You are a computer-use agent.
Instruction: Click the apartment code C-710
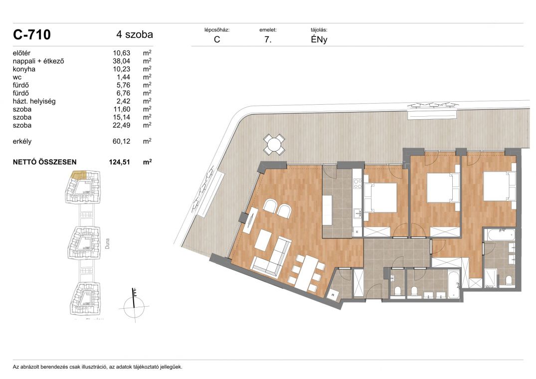[32, 34]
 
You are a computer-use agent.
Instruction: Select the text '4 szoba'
[135, 34]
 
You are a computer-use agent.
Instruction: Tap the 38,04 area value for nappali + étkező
[121, 61]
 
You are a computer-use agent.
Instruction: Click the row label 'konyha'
[24, 69]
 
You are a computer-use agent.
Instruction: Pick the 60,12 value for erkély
[121, 141]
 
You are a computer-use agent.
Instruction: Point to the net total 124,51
[120, 162]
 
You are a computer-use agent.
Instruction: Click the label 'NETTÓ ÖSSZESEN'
[45, 162]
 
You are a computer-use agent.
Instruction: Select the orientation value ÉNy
[319, 39]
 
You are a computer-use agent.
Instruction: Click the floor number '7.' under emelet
[268, 39]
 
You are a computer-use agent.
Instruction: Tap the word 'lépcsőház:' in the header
[217, 30]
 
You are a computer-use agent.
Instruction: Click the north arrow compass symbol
[134, 304]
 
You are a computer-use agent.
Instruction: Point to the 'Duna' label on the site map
[107, 243]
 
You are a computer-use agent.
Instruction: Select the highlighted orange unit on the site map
[78, 175]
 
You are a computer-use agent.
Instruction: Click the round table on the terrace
[274, 145]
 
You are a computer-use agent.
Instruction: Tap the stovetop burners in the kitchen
[357, 184]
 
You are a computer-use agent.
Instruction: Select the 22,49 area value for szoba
[121, 125]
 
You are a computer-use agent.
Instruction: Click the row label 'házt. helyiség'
[34, 101]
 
